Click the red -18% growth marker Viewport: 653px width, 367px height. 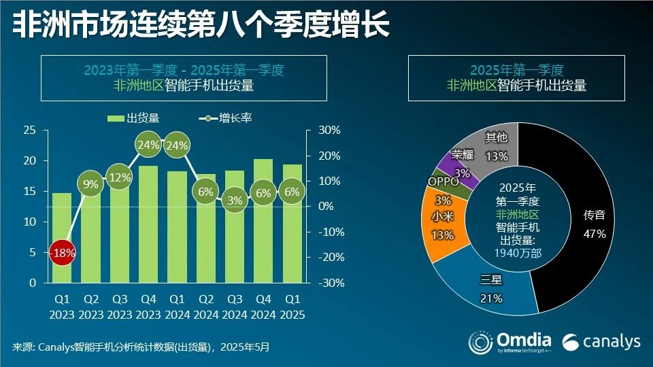coord(61,252)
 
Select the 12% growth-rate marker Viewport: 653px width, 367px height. coord(119,177)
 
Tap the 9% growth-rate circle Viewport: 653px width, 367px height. coord(90,183)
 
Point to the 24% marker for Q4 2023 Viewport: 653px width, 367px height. coord(148,145)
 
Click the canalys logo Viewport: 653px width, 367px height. coord(601,341)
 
